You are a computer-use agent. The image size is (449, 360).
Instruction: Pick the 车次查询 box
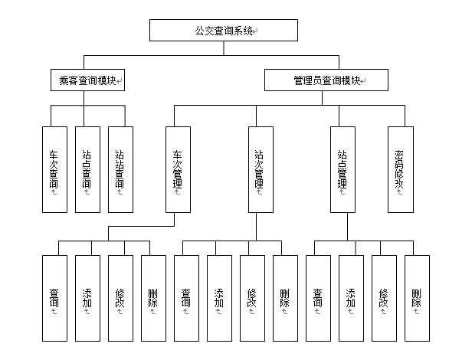tap(54, 169)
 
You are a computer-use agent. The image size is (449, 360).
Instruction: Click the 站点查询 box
tap(87, 169)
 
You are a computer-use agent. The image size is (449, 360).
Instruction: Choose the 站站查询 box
tap(120, 169)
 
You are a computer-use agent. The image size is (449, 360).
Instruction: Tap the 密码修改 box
tap(399, 169)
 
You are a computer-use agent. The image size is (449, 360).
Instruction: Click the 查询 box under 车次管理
tap(54, 298)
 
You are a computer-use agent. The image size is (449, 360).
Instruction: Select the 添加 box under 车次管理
tap(87, 298)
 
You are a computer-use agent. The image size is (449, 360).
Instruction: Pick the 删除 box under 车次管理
tap(153, 298)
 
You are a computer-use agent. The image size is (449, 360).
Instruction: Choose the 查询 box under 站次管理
tap(186, 298)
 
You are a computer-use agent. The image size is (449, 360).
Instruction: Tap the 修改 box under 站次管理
tap(252, 298)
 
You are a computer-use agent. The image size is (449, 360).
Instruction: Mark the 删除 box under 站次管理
tap(285, 298)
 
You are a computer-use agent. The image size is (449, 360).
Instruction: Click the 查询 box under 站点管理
tap(318, 298)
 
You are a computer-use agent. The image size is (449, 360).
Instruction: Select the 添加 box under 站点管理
tap(351, 298)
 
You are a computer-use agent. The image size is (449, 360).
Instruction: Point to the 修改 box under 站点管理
tap(384, 298)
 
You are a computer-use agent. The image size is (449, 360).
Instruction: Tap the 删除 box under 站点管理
tap(417, 298)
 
